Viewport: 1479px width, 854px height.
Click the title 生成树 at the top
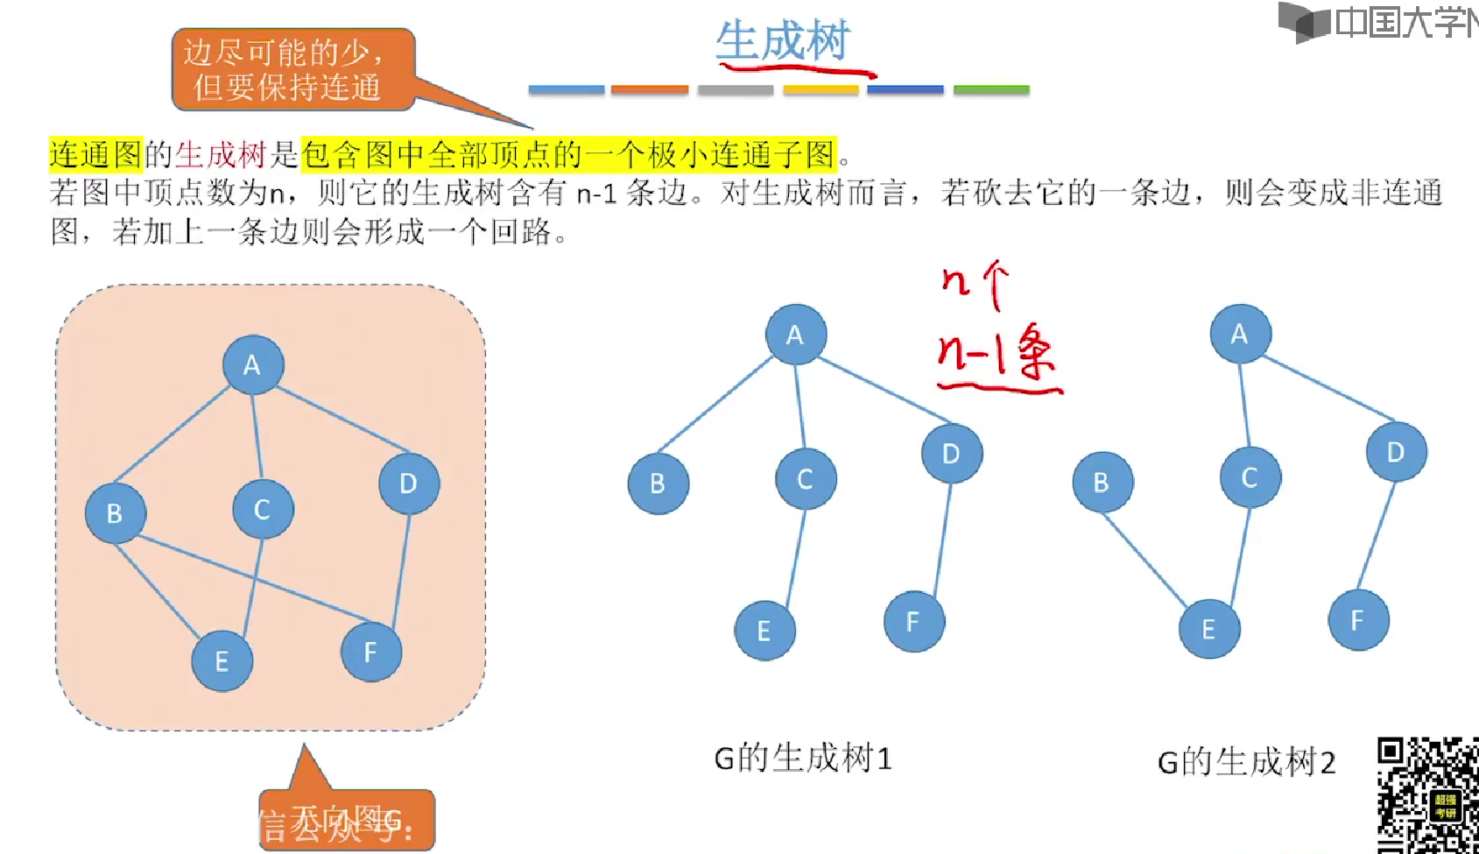tap(782, 41)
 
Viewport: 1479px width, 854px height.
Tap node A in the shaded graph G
tap(252, 364)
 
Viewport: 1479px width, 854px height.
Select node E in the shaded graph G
tap(222, 660)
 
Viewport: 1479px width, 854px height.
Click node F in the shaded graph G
tap(370, 652)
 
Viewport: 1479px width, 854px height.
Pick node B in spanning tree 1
tap(658, 483)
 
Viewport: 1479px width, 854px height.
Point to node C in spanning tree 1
tap(805, 478)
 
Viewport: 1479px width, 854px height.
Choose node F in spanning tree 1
tap(913, 621)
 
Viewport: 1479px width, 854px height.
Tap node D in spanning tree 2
tap(1395, 452)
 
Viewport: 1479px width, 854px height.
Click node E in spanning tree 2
tap(1208, 629)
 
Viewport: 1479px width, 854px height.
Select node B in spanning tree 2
tap(1102, 482)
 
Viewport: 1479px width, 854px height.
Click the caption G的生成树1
tap(802, 759)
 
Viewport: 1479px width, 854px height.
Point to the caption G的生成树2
tap(1246, 762)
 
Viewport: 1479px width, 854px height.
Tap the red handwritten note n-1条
tap(996, 355)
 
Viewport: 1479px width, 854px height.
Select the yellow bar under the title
tap(820, 89)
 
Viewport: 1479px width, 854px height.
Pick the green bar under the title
tap(990, 89)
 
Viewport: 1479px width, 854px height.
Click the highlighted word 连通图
tap(95, 155)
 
